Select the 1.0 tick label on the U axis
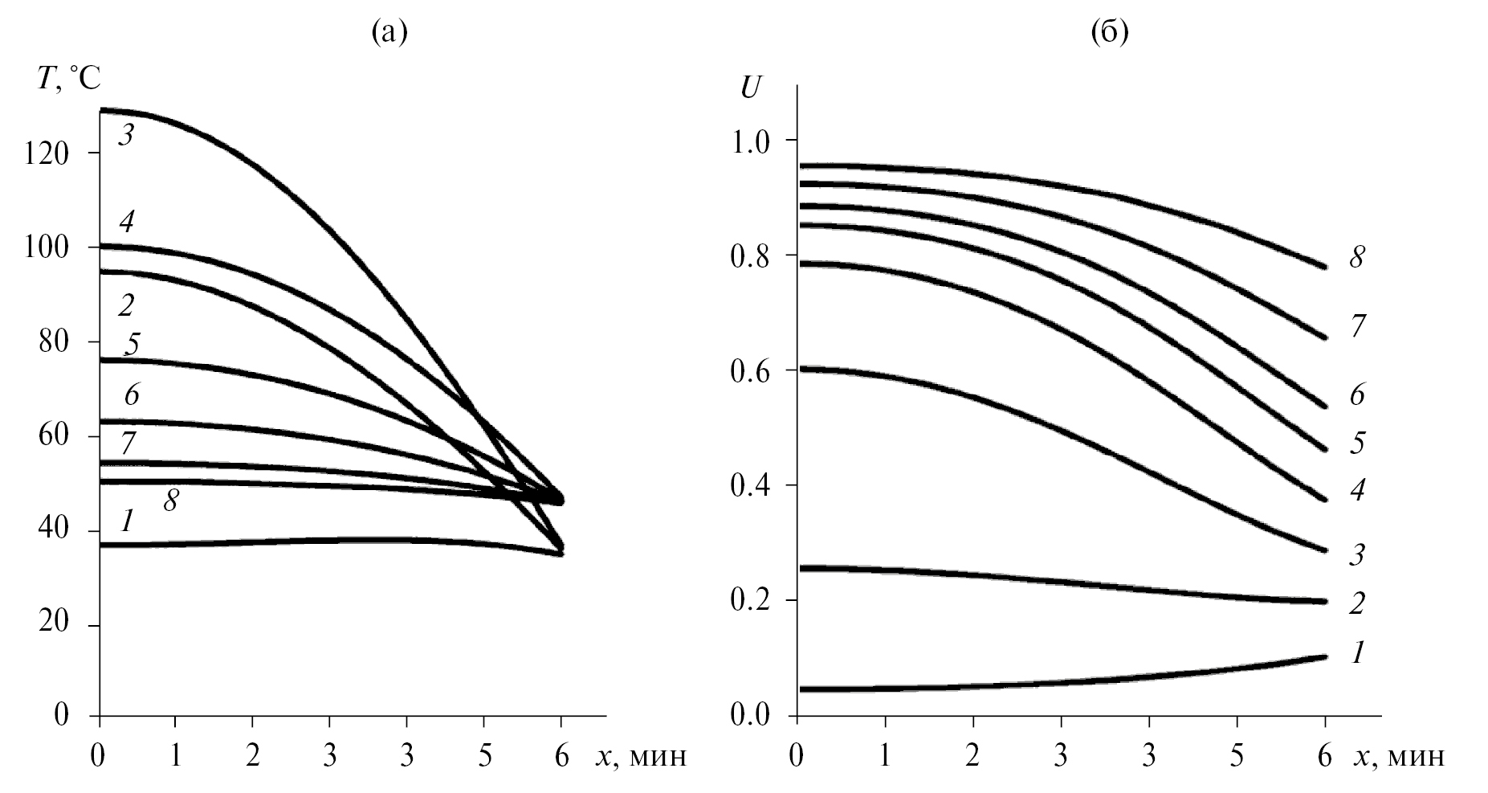752,141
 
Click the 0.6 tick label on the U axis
752,370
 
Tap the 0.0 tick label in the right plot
752,715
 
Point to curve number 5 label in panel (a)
132,344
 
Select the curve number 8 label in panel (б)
1356,258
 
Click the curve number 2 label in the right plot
1356,603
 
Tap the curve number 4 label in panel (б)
1356,489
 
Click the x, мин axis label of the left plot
641,756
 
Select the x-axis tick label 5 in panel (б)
1237,756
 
